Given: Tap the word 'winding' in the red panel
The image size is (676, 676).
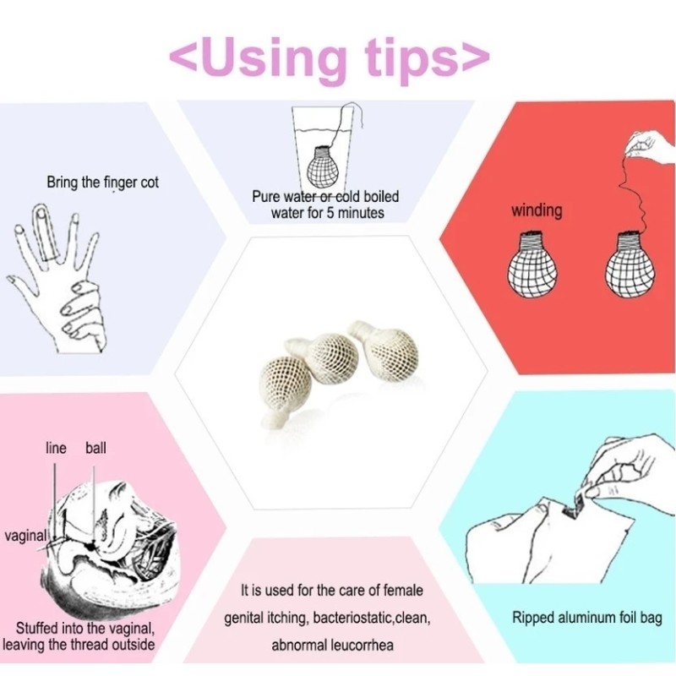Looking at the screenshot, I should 537,210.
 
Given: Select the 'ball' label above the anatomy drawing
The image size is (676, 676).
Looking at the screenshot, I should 95,448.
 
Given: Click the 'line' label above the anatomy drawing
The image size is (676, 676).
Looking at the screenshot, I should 56,448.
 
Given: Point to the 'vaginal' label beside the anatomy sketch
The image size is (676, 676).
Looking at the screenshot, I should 25,535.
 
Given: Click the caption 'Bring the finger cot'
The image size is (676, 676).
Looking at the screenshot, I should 102,182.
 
